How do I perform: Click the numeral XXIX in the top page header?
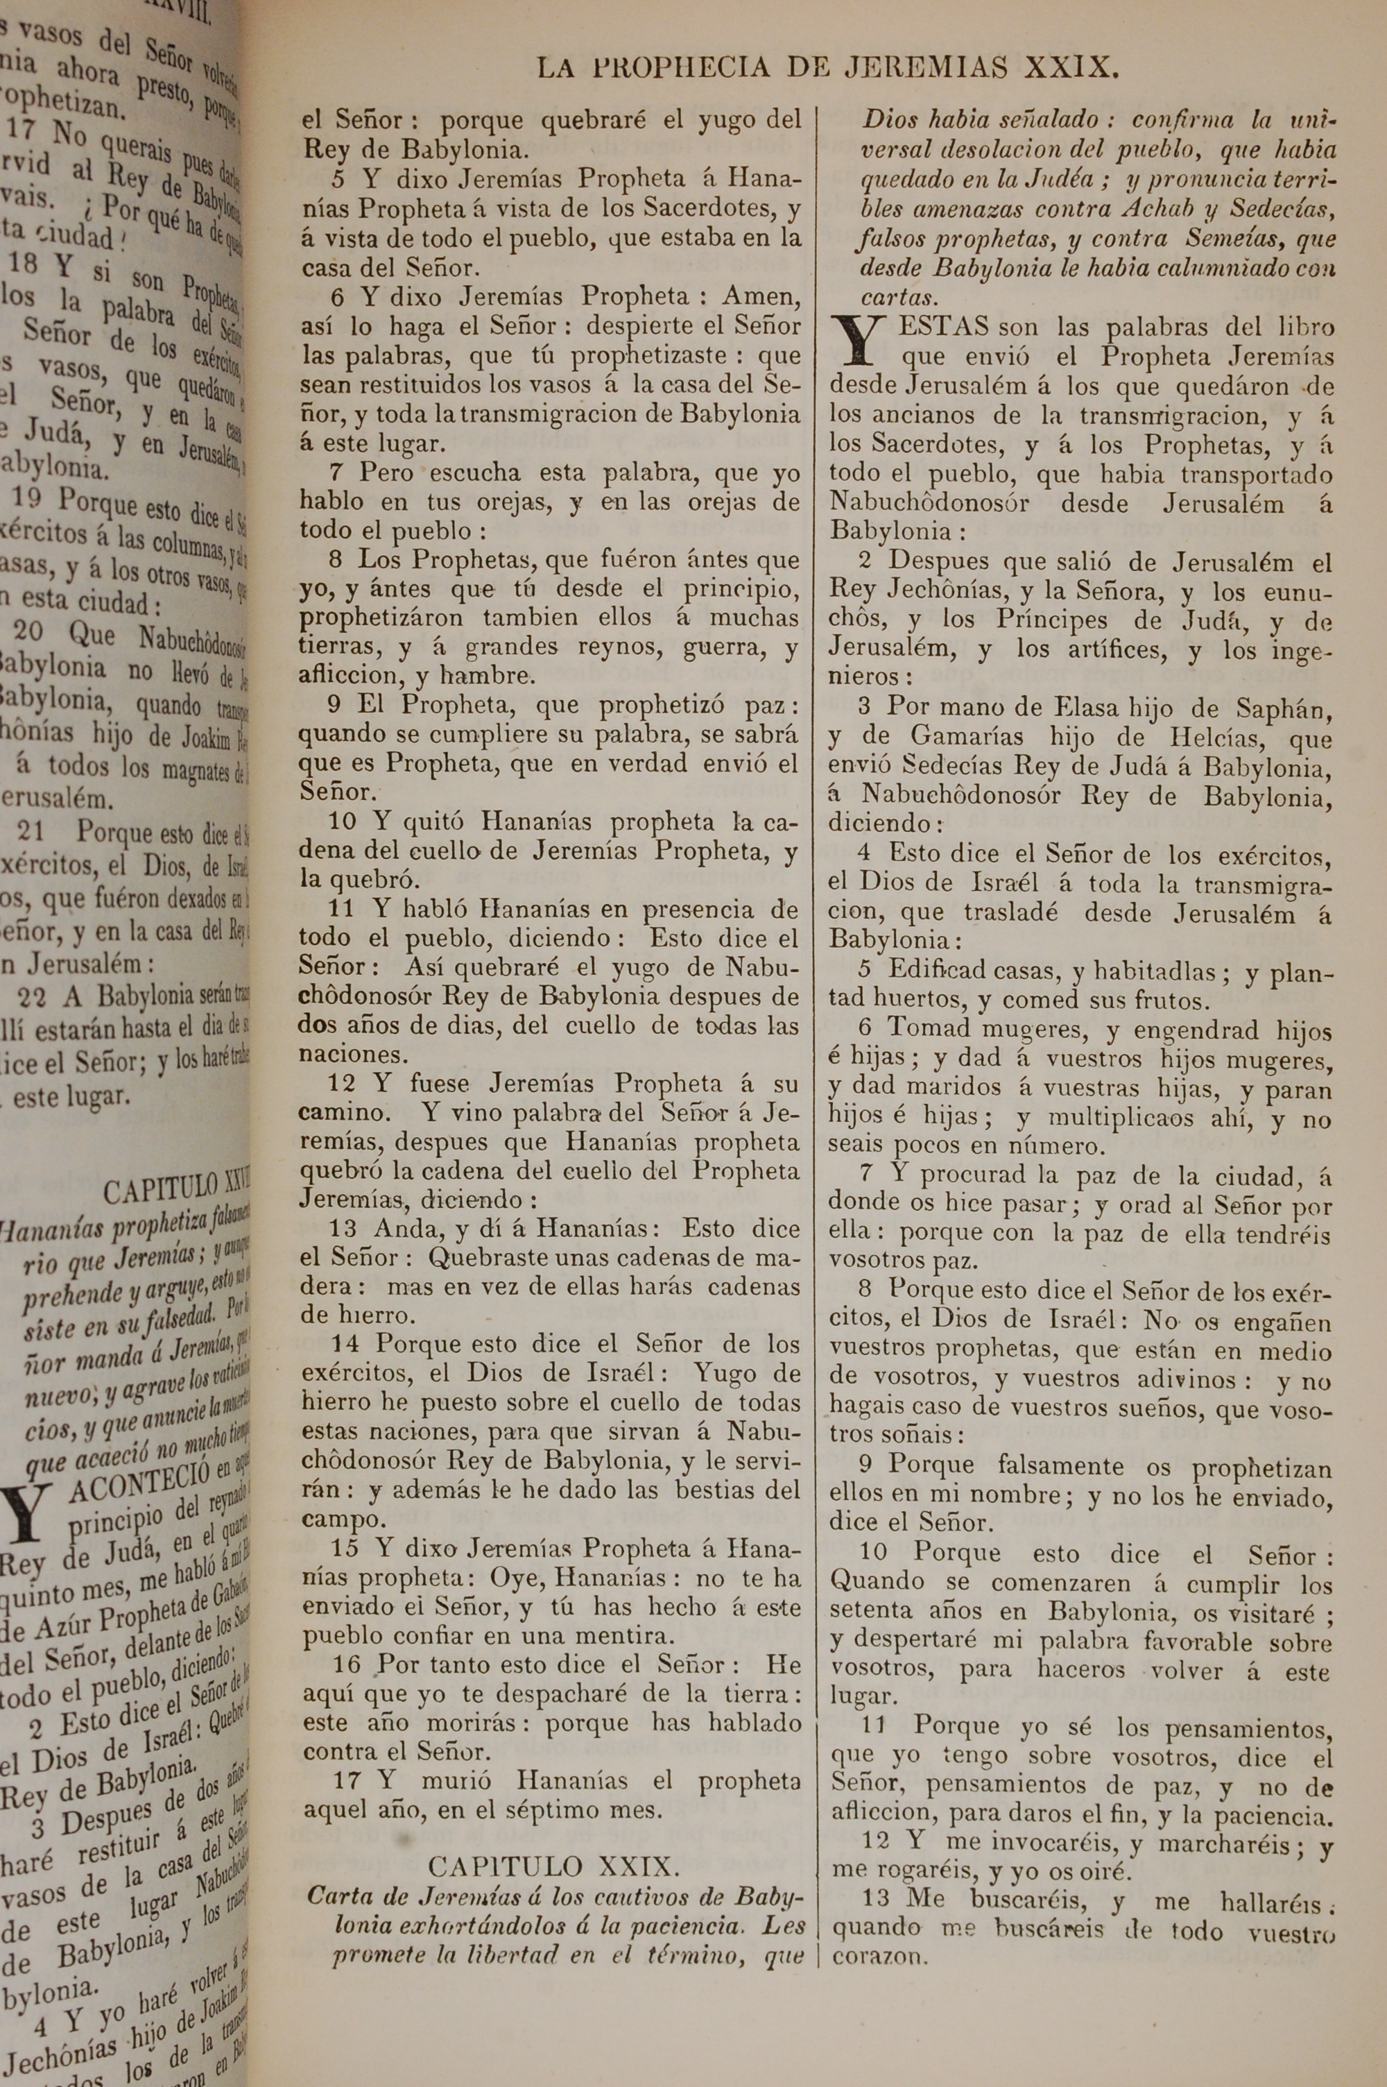[x=1068, y=68]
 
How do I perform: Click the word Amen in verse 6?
[x=761, y=296]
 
